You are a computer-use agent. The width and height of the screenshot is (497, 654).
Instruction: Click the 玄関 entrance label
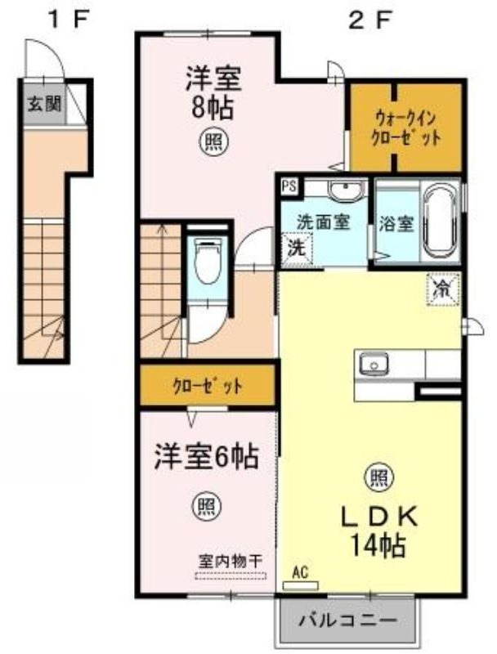[44, 104]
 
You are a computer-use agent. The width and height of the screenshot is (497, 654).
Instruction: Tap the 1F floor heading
[69, 20]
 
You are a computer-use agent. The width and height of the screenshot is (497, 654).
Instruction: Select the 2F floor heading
[369, 20]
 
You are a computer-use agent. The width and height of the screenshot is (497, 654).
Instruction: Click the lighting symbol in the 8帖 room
[216, 142]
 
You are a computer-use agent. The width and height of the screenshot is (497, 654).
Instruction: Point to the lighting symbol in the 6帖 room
[206, 506]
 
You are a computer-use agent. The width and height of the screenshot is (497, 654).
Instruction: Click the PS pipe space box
[289, 186]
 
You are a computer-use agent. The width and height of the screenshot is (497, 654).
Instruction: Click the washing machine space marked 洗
[297, 249]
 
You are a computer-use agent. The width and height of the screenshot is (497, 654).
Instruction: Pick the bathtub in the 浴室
[440, 221]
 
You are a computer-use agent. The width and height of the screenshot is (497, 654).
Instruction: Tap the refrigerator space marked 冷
[442, 289]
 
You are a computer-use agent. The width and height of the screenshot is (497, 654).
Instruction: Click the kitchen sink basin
[374, 364]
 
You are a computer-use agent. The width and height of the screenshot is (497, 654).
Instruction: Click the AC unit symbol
[300, 585]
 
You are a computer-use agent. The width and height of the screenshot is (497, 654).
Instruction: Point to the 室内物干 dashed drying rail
[231, 576]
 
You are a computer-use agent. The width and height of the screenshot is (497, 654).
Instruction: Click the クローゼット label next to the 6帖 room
[207, 386]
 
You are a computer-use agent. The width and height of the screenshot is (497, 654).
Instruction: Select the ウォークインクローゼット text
[405, 128]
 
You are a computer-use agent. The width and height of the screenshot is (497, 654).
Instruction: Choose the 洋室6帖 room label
[206, 456]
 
